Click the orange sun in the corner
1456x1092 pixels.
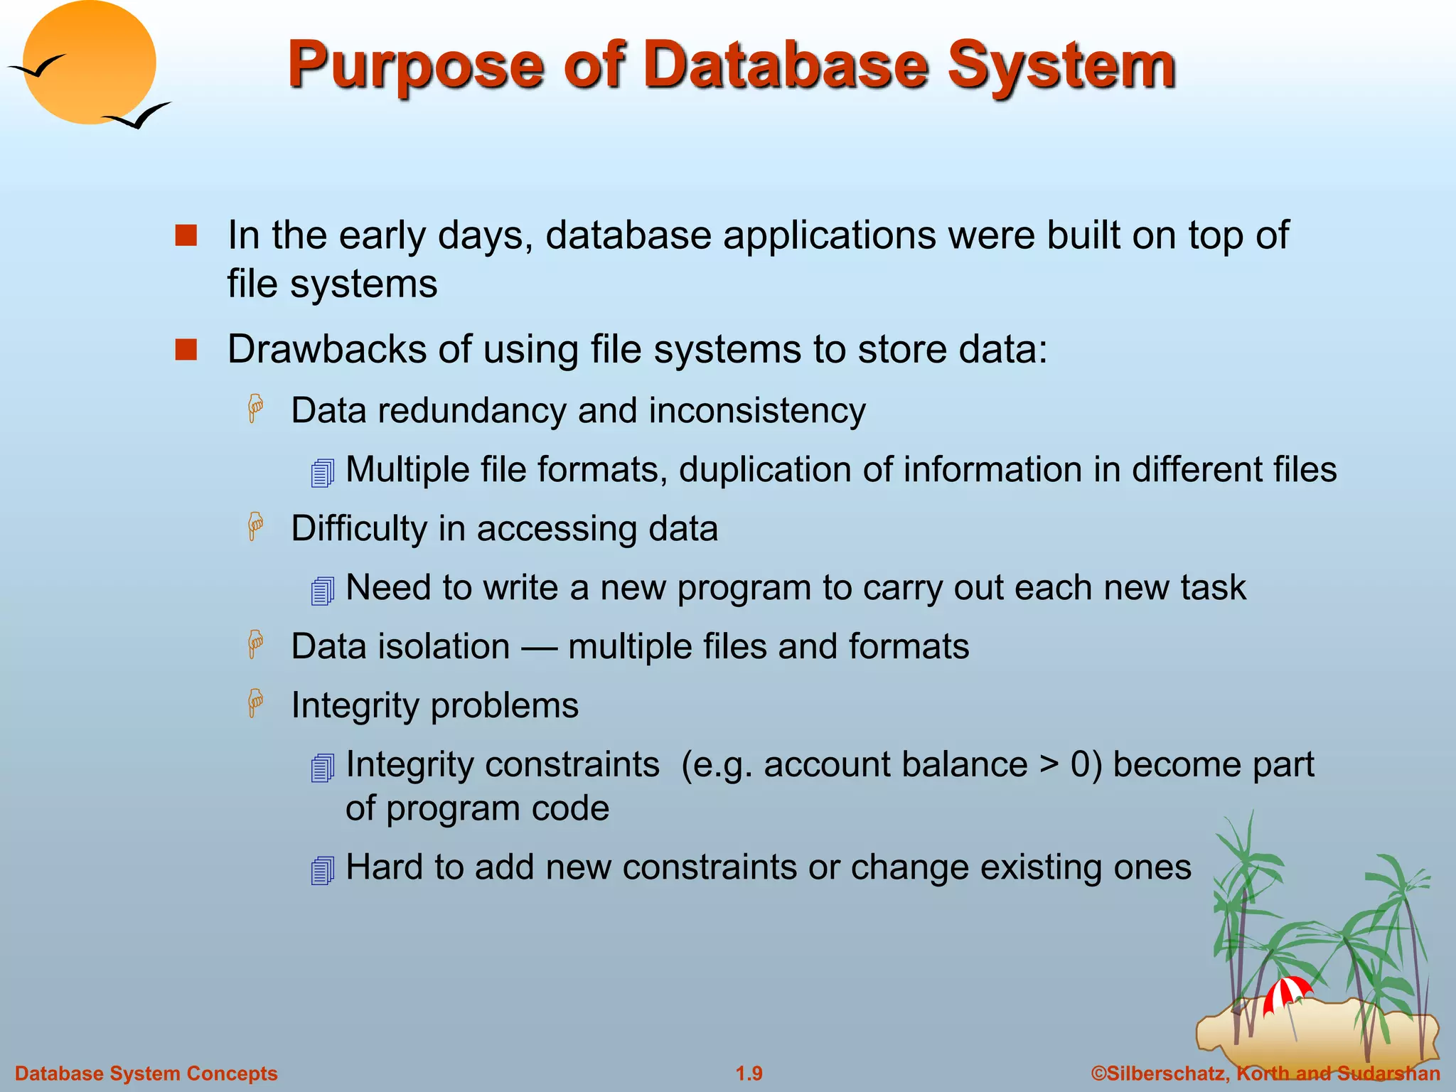[x=89, y=63]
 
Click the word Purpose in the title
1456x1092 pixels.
[x=416, y=66]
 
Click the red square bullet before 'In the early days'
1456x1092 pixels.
[x=186, y=235]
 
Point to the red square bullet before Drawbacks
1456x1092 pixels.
[x=186, y=350]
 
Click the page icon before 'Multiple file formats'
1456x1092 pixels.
[x=323, y=473]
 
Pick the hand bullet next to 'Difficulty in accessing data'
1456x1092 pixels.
[x=255, y=527]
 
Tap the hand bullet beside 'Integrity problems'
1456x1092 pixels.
[x=255, y=703]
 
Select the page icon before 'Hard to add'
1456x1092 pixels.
[x=323, y=870]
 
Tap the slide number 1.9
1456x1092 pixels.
[x=749, y=1074]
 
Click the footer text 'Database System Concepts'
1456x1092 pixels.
[x=146, y=1074]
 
